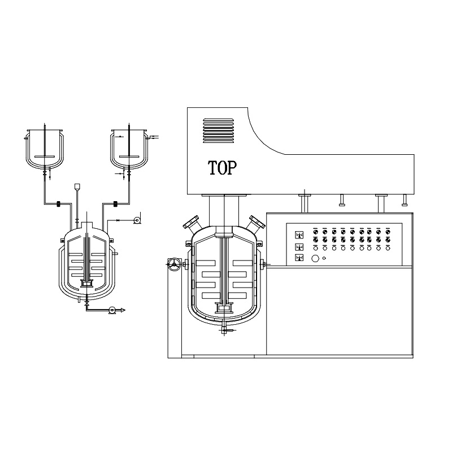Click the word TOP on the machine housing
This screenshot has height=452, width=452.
(222, 168)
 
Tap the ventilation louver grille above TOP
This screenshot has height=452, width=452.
(218, 131)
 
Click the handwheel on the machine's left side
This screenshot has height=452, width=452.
(173, 264)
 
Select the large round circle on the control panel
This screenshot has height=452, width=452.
(315, 258)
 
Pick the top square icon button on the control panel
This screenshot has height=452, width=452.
(299, 235)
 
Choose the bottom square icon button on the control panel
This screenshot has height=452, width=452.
(299, 258)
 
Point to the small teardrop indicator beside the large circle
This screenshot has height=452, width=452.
(324, 258)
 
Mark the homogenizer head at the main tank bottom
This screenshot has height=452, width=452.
(224, 308)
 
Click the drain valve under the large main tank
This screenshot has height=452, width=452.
(225, 329)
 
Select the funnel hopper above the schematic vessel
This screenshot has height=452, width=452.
(77, 187)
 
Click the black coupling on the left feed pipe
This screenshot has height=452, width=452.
(58, 204)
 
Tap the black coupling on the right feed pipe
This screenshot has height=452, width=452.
(116, 204)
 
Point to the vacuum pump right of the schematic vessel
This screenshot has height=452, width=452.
(137, 220)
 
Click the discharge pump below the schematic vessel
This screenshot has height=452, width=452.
(112, 310)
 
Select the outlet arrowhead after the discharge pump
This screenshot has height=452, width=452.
(123, 310)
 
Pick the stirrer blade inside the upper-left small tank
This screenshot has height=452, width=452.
(44, 157)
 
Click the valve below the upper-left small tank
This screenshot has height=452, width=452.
(45, 174)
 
